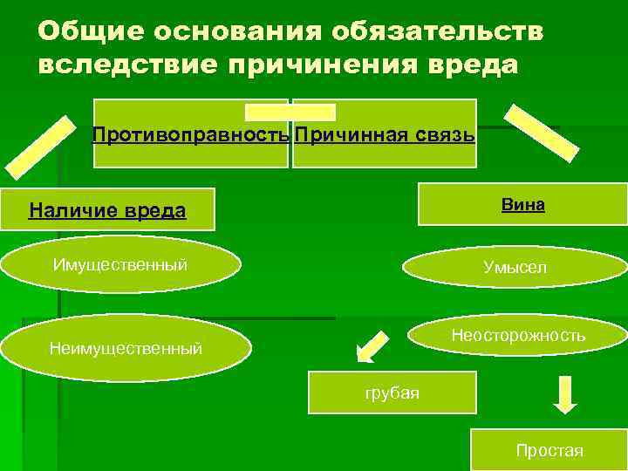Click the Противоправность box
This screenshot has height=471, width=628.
(x=191, y=135)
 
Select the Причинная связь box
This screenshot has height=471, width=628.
(x=385, y=135)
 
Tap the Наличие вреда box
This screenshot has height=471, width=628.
(x=107, y=209)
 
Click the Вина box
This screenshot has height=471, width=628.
(x=522, y=205)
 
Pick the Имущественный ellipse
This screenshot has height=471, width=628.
(x=120, y=264)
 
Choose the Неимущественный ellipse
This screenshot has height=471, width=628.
(x=126, y=349)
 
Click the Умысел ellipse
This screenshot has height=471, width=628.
(x=515, y=268)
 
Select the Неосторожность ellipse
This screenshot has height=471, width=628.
(x=518, y=336)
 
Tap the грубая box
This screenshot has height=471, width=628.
(x=392, y=392)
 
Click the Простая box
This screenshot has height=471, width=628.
(x=549, y=450)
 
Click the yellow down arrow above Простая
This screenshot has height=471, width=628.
(x=565, y=393)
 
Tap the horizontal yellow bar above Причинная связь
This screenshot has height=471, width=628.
(x=290, y=112)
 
